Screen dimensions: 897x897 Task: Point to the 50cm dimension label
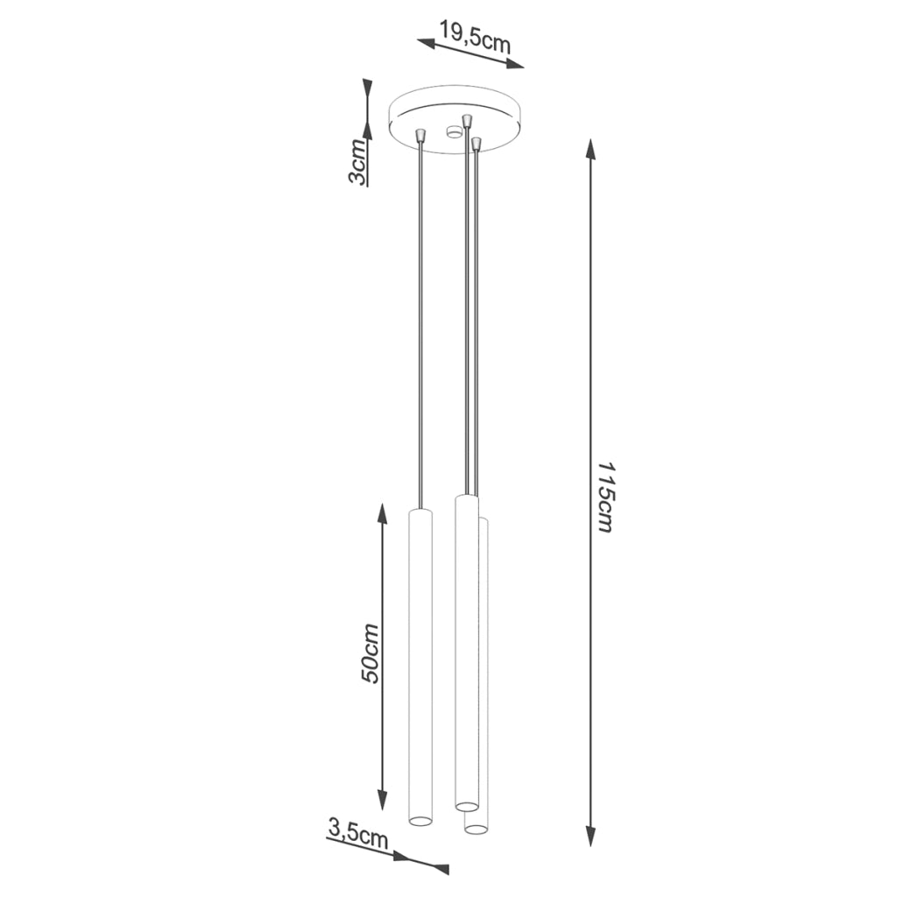371,653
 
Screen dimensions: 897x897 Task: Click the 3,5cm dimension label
357,830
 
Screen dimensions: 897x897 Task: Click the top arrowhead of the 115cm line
592,150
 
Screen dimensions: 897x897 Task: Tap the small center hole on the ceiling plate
453,132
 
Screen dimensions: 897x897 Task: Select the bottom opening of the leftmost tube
420,821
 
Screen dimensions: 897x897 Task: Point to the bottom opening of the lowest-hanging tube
476,827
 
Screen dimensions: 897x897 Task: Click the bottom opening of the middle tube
466,804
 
